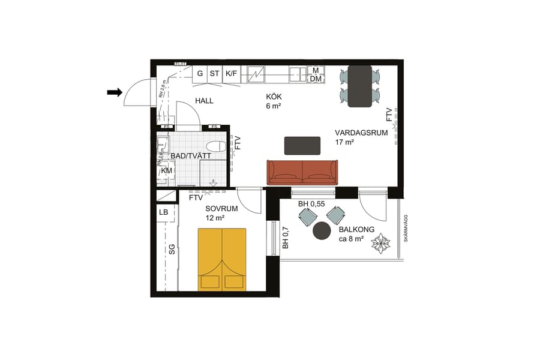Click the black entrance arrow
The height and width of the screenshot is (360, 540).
pos(115,92)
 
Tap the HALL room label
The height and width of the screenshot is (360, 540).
pos(204,101)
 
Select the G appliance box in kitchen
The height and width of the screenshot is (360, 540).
pos(200,74)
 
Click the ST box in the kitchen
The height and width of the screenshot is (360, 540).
pos(214,74)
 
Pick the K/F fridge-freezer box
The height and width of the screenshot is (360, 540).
pos(231,74)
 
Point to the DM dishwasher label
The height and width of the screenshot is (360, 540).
pos(316,79)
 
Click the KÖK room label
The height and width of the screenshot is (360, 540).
pos(274,97)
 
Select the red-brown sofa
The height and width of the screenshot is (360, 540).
pos(302,172)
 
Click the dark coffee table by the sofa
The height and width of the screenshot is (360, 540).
pos(302,146)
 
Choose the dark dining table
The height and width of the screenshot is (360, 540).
pos(360,85)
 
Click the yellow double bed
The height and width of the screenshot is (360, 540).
pos(222,259)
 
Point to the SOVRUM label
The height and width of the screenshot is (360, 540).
pos(221,209)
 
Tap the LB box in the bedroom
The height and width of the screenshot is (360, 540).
pos(163,212)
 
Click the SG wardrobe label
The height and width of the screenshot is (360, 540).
pos(172,249)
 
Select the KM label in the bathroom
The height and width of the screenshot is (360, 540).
pos(166,171)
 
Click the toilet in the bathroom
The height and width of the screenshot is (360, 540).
pos(215,146)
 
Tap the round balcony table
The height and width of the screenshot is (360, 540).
pos(322,230)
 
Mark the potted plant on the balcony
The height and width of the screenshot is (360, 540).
pos(381,244)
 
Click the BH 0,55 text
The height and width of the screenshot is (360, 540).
pos(311,204)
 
